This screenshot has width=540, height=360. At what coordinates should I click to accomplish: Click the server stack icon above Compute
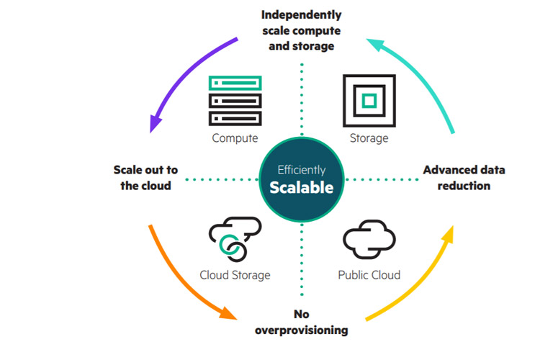coord(235,100)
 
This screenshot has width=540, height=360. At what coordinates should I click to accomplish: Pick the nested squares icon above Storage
coord(369,100)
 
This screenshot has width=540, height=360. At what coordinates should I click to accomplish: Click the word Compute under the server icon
coord(235,138)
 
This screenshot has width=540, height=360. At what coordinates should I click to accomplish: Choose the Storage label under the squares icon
coord(369,138)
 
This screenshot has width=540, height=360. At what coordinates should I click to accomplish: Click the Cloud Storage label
coord(235,274)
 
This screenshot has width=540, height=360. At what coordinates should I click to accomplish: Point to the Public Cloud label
coord(369,274)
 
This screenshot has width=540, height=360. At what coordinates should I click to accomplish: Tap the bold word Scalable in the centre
coord(301,188)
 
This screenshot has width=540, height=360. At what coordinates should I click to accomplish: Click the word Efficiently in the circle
coord(302,171)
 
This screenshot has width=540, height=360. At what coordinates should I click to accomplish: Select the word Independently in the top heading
coord(301,14)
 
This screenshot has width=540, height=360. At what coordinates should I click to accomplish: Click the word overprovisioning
coord(301,330)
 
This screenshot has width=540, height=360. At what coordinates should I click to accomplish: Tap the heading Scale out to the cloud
coord(145,178)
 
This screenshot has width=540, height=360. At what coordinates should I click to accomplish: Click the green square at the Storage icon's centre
coord(369,101)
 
